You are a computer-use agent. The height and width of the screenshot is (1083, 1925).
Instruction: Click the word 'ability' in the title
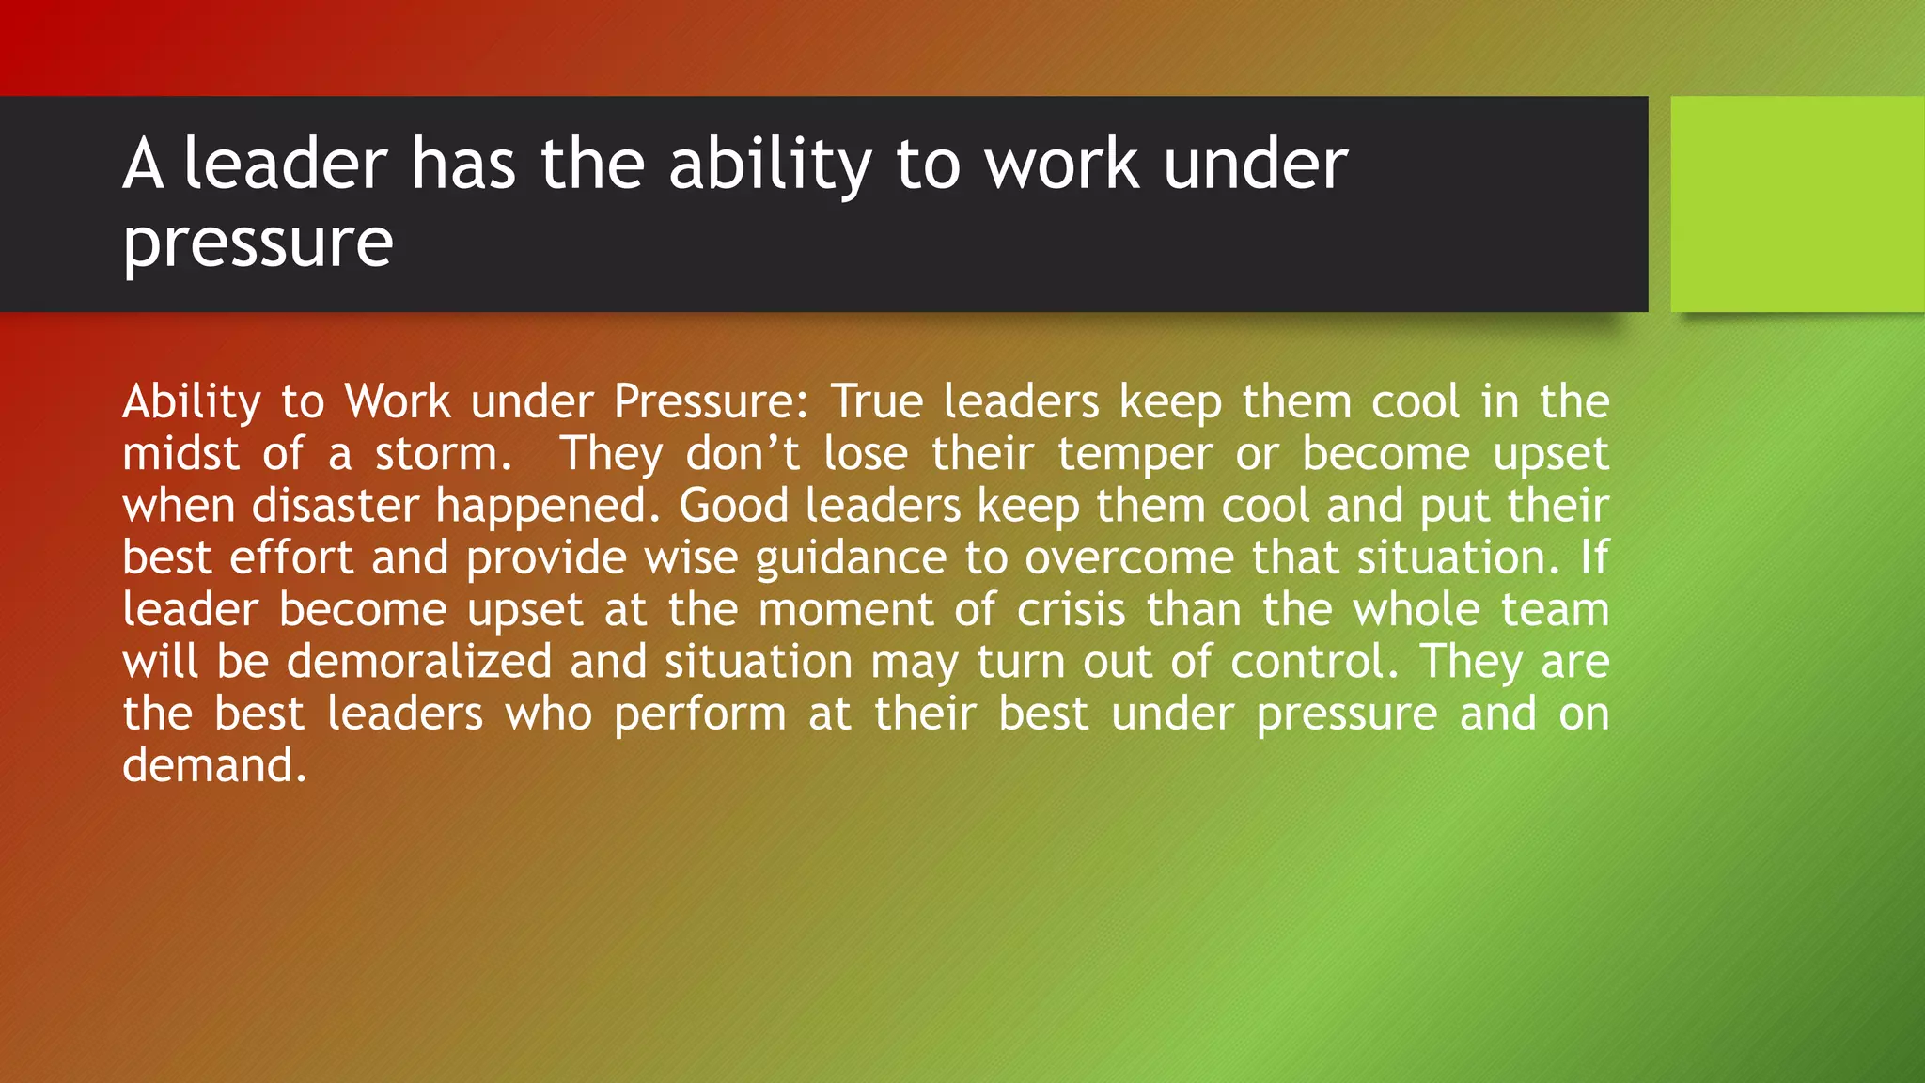770,165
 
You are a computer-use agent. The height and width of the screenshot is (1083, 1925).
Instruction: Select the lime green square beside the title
1797,204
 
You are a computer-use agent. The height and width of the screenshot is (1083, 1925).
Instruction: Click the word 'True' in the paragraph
876,402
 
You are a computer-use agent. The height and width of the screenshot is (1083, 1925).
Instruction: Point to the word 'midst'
181,454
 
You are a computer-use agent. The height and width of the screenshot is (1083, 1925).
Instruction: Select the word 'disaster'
335,506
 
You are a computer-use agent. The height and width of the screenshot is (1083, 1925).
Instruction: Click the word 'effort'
291,557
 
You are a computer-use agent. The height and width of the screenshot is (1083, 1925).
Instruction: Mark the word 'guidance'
851,559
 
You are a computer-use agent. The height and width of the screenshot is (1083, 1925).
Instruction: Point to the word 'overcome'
1129,557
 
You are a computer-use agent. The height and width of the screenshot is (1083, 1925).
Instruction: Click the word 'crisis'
1071,610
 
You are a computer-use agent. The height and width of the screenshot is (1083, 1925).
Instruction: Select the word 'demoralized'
419,662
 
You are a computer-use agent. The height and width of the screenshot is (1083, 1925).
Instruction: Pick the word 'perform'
700,715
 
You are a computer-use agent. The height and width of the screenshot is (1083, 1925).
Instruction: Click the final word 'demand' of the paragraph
208,766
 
